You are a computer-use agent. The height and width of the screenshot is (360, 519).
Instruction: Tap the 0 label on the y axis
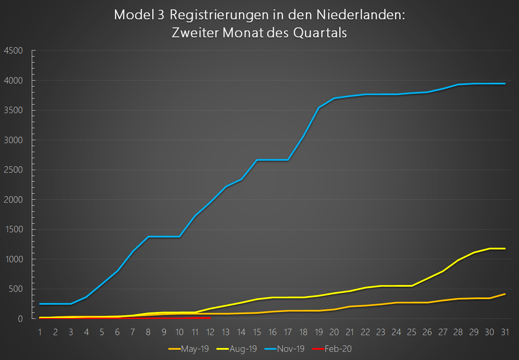[x=20, y=318]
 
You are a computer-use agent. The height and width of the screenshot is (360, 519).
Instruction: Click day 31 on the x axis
[x=504, y=332]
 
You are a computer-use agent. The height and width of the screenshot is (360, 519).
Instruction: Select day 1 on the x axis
[x=40, y=332]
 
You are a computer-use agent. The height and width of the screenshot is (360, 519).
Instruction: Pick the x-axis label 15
[x=256, y=332]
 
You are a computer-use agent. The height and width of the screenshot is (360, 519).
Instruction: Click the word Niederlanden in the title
[x=361, y=15]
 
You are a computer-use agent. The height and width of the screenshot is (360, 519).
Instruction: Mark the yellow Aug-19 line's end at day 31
[x=504, y=249]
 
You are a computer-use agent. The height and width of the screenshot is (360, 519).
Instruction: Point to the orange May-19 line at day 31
[x=504, y=294]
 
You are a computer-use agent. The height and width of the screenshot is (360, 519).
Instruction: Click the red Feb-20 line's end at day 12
[x=210, y=318]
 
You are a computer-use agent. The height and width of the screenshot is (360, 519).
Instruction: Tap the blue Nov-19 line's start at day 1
[x=40, y=304]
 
